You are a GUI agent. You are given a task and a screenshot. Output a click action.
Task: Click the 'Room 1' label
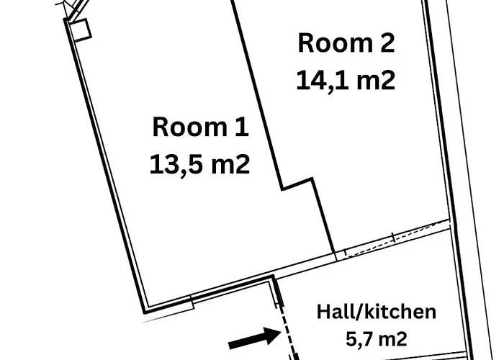pos(200,127)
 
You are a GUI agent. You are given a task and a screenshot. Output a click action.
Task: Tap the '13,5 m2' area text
pos(199,164)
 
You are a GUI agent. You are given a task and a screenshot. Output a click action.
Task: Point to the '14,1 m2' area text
pos(346,81)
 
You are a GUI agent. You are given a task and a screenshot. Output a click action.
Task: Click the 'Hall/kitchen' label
pos(377,312)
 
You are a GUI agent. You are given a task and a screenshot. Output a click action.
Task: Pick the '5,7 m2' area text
pos(377,338)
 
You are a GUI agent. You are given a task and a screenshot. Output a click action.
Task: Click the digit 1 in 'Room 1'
pos(242,127)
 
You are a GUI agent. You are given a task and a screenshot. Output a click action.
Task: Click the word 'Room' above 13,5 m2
pos(190,127)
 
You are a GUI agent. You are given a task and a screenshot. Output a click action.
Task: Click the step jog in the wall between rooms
pos(297,184)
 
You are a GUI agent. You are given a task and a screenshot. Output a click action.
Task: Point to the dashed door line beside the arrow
pos(288,331)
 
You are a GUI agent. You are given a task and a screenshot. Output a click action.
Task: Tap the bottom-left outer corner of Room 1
pos(145,312)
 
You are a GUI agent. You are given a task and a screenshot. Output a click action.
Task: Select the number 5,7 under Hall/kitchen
pos(358,339)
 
